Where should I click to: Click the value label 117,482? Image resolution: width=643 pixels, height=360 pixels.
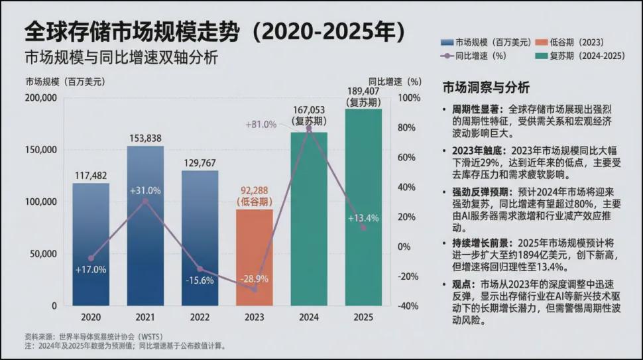(91, 176)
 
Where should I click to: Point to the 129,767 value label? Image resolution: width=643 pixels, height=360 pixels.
(200, 162)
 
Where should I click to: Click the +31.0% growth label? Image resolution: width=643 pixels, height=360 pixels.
(145, 190)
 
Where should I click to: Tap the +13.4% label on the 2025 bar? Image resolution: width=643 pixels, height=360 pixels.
(363, 218)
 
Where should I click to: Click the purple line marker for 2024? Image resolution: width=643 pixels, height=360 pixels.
(309, 129)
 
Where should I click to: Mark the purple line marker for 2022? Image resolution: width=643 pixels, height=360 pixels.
(200, 269)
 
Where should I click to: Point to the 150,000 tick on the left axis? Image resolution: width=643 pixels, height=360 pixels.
(40, 150)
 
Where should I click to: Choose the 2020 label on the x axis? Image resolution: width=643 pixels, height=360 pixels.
(91, 317)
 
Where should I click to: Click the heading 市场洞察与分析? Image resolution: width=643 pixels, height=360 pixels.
(486, 88)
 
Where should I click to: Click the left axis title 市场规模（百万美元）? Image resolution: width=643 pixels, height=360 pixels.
(65, 82)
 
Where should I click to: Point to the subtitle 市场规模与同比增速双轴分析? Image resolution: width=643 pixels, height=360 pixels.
(121, 58)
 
